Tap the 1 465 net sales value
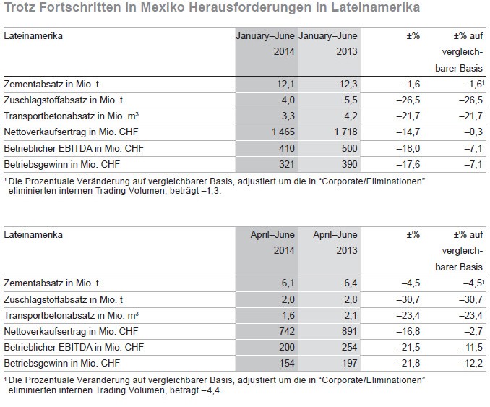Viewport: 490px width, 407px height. pyautogui.click(x=283, y=132)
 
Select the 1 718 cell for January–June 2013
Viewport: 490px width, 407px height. pyautogui.click(x=345, y=132)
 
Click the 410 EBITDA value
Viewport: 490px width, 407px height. pyautogui.click(x=287, y=148)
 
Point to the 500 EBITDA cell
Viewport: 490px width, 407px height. pyautogui.click(x=349, y=148)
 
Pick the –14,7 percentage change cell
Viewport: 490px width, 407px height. pyautogui.click(x=408, y=132)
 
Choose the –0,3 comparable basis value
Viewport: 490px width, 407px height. pyautogui.click(x=473, y=132)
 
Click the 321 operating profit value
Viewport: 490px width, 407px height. pyautogui.click(x=287, y=164)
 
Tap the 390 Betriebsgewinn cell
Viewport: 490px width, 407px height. pyautogui.click(x=349, y=164)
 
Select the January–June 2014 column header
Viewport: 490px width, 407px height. pyautogui.click(x=265, y=43)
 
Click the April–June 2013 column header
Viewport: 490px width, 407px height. pyautogui.click(x=335, y=242)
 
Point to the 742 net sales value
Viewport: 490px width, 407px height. pyautogui.click(x=287, y=331)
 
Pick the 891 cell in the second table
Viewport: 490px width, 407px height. pyautogui.click(x=349, y=331)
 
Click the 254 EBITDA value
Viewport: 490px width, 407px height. pyautogui.click(x=349, y=347)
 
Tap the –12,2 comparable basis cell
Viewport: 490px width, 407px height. pyautogui.click(x=471, y=363)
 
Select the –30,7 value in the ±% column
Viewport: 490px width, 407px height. pyautogui.click(x=408, y=299)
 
